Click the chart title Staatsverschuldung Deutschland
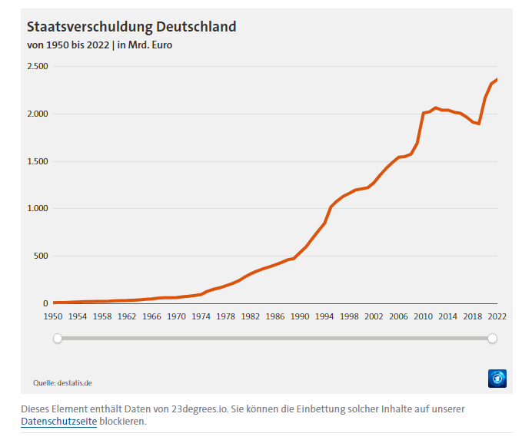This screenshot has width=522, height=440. [x=131, y=27]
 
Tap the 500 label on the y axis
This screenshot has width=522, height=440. [x=41, y=256]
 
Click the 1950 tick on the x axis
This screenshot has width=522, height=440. [x=53, y=316]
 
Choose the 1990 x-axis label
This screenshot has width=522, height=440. [x=300, y=316]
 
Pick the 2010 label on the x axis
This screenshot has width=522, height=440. [x=423, y=316]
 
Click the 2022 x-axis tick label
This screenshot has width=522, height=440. [x=497, y=316]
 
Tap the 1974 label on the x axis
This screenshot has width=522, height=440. [x=201, y=316]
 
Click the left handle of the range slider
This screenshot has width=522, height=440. [x=57, y=338]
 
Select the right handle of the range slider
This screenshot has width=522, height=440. [x=493, y=338]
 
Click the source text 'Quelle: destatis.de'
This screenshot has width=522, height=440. [x=62, y=382]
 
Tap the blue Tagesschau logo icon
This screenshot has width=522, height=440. [x=497, y=378]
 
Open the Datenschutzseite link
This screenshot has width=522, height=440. [x=59, y=422]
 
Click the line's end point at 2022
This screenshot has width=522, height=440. [x=497, y=79]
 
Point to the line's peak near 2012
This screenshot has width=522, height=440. [x=435, y=108]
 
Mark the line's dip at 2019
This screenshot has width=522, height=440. [x=479, y=124]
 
